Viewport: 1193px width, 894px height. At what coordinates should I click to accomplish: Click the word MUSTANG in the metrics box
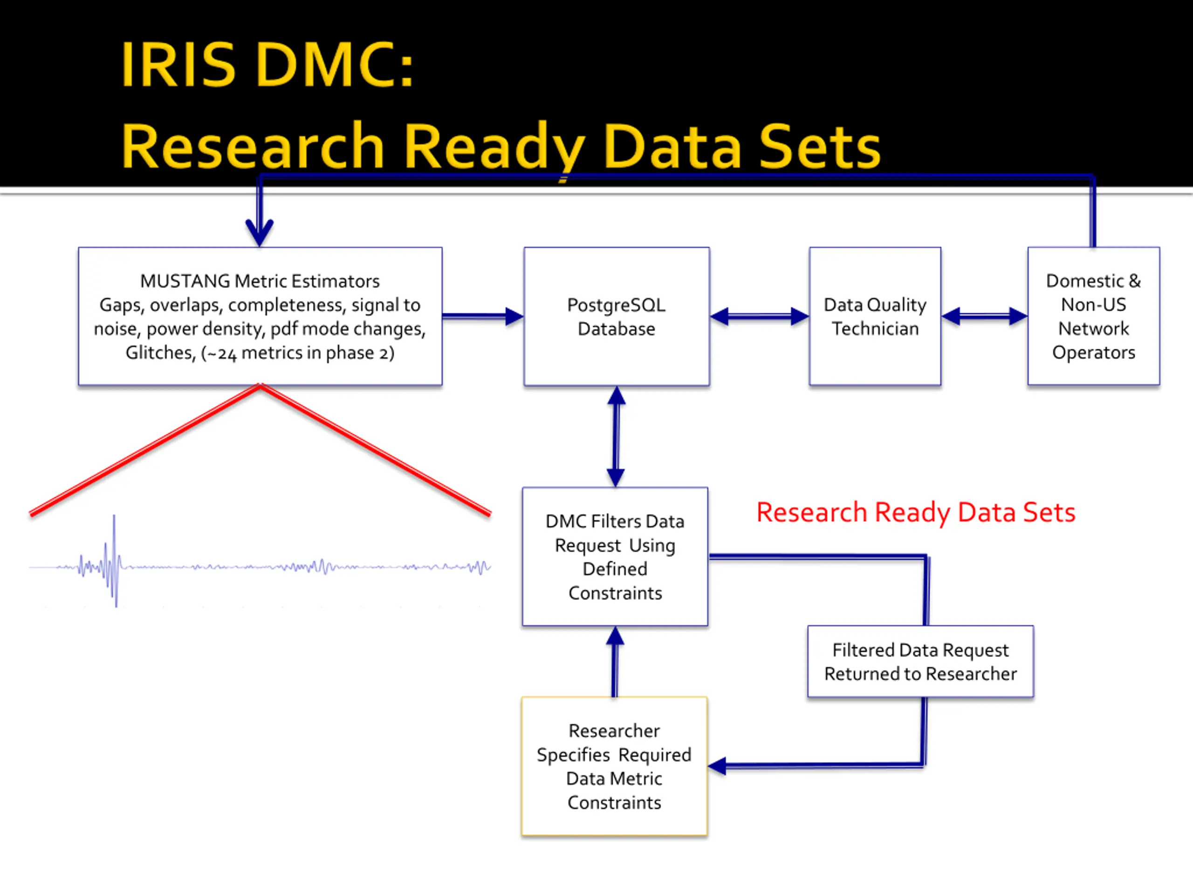(x=185, y=281)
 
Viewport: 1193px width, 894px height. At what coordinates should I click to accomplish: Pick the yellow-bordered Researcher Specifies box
(x=614, y=766)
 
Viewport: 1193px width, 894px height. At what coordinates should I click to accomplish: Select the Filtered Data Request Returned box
(x=920, y=661)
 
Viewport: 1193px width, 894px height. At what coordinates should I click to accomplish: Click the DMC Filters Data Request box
(x=615, y=557)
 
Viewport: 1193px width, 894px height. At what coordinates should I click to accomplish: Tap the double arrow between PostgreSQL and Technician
(x=760, y=316)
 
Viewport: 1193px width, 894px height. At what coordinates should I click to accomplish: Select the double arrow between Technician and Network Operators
(x=984, y=316)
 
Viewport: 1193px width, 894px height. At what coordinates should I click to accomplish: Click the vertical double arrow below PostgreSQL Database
(x=616, y=436)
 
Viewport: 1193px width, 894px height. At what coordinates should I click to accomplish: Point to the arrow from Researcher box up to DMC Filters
(x=615, y=662)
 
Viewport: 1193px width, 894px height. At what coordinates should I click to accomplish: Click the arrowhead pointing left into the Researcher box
(x=717, y=766)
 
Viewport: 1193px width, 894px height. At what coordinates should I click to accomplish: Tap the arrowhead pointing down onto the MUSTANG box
(x=260, y=233)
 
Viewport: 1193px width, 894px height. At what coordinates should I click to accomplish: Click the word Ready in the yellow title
(x=494, y=147)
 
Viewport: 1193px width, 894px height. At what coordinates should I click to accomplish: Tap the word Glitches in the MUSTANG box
(x=160, y=353)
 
